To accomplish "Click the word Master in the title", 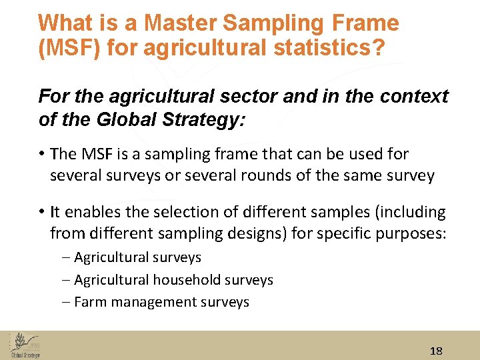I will pos(181,23).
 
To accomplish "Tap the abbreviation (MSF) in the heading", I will pos(68,50).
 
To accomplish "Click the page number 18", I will pos(437,351).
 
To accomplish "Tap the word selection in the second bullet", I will pos(179,212).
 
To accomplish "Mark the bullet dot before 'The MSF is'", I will pos(41,154).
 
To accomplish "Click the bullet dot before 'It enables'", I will pos(41,212).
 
